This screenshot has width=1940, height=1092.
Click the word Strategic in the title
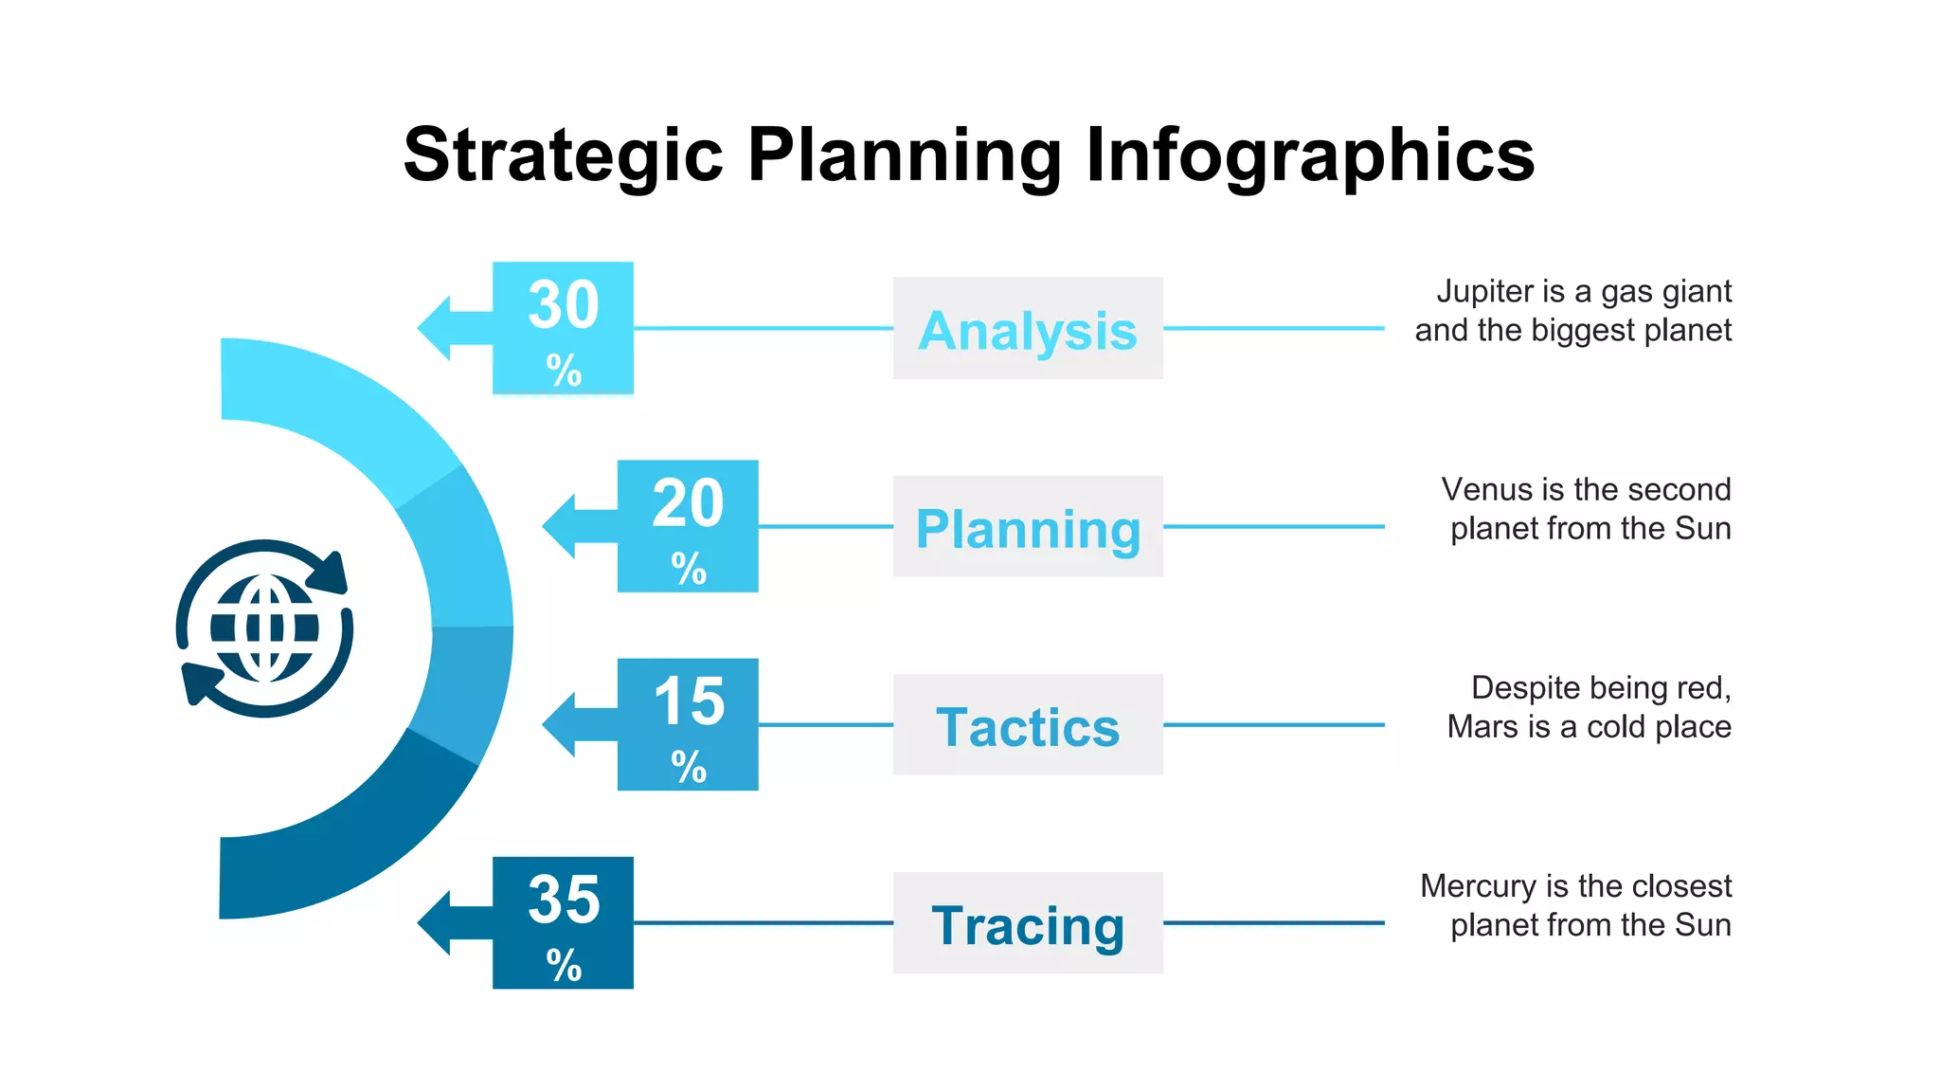[x=563, y=156]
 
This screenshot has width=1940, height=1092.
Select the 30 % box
[x=563, y=328]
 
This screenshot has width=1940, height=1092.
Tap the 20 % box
[x=688, y=526]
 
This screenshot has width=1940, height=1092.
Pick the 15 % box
[x=688, y=724]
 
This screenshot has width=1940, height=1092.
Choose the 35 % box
[x=563, y=922]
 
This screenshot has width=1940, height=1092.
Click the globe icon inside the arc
[x=264, y=628]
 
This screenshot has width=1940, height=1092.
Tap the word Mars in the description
[x=1483, y=727]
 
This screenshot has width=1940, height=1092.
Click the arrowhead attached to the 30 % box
[x=436, y=328]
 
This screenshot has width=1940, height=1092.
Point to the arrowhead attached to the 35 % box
[x=436, y=922]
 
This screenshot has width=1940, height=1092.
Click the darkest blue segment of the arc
[x=360, y=834]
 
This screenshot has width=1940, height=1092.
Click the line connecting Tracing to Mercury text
[x=1273, y=922]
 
